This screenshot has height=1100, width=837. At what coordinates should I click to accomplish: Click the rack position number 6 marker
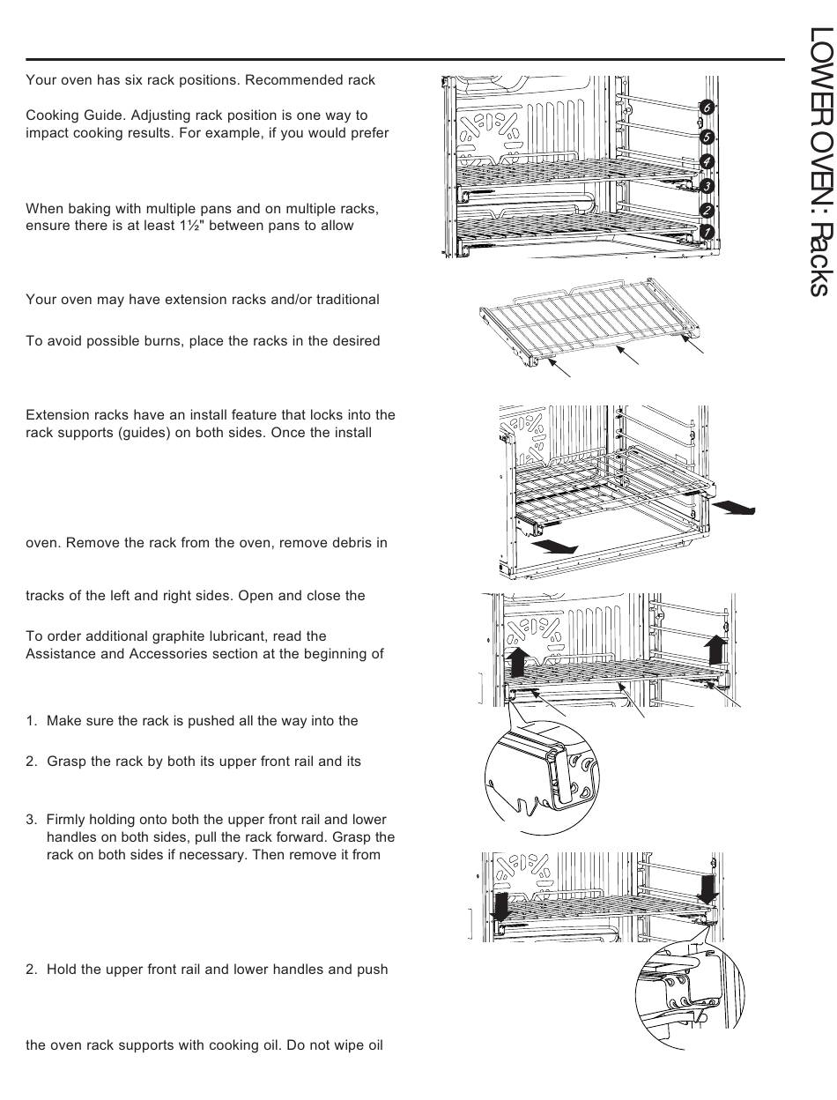coord(707,107)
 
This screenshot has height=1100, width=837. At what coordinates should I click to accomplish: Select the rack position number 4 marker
coord(707,161)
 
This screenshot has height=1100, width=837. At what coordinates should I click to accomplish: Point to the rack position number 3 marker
coord(707,186)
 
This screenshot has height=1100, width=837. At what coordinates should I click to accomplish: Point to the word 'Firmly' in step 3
coord(67,821)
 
